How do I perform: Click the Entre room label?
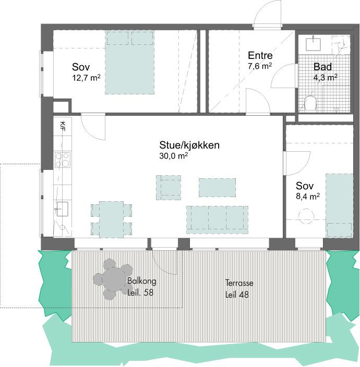[x=260, y=55]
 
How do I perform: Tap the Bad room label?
[x=322, y=67]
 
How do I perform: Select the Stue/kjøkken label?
[x=189, y=145]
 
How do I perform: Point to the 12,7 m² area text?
[x=86, y=78]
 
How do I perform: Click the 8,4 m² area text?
[x=307, y=196]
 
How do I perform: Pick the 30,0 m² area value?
[x=173, y=156]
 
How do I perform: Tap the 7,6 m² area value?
[x=260, y=66]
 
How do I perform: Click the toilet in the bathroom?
[x=310, y=103]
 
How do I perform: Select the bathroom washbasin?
[x=313, y=44]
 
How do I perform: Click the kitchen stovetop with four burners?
[x=63, y=160]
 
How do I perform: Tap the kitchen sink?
[x=62, y=209]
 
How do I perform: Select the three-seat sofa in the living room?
[x=217, y=220]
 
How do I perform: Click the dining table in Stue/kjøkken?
[x=111, y=219]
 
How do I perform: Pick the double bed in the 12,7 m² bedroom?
[x=129, y=63]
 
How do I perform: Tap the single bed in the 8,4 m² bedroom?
[x=339, y=205]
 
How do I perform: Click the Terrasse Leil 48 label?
[x=239, y=289]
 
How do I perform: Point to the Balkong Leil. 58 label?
[x=142, y=287]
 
